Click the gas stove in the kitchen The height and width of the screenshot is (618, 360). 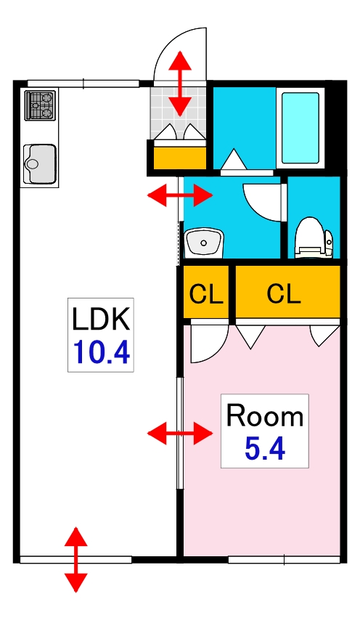(40, 105)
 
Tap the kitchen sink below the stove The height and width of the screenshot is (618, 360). (39, 164)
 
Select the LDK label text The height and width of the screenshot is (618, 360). (101, 320)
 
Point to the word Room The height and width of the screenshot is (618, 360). (265, 416)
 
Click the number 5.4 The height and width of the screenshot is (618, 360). (265, 449)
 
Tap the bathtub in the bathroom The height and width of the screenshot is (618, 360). (300, 128)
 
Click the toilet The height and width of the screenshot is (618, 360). (314, 238)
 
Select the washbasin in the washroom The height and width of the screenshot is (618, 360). (204, 243)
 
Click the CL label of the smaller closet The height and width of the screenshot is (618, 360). (206, 293)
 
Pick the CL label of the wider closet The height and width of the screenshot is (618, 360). (284, 293)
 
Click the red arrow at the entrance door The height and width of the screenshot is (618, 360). (180, 84)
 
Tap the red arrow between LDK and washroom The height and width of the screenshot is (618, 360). (180, 195)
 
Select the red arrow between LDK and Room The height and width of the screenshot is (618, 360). (180, 433)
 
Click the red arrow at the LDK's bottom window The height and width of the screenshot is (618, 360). (75, 560)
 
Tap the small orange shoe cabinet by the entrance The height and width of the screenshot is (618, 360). (179, 158)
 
